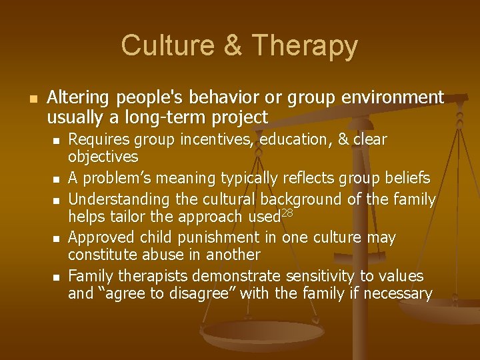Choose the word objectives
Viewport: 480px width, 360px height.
[103, 157]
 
